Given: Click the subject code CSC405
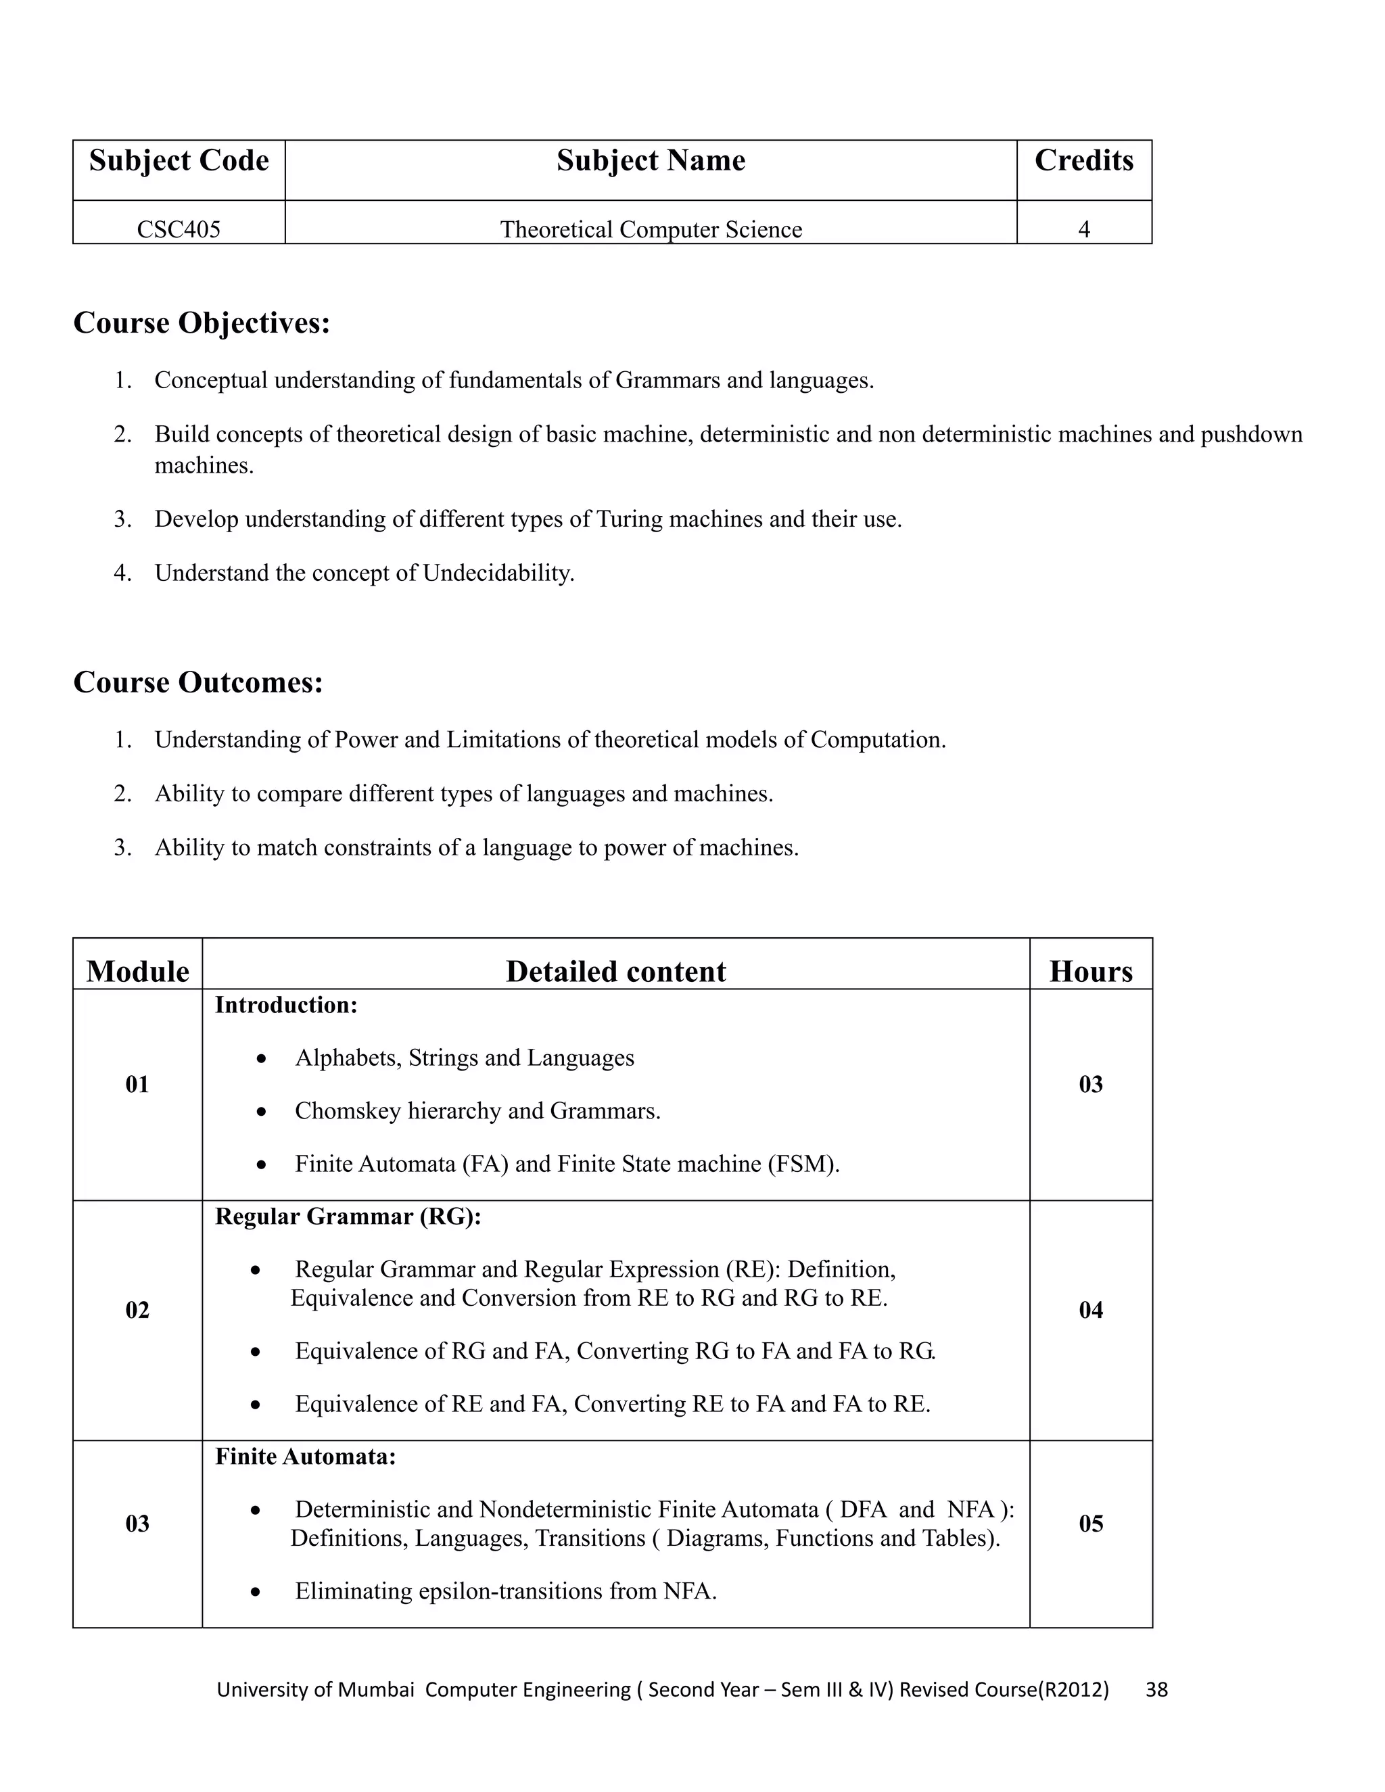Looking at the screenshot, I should click(178, 229).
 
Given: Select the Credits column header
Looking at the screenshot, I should click(1083, 161).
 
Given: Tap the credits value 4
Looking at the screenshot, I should click(1083, 229).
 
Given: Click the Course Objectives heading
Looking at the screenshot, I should click(201, 323).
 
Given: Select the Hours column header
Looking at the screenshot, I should click(1089, 972).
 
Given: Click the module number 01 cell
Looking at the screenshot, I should click(137, 1085).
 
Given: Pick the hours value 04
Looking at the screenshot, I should click(1089, 1310).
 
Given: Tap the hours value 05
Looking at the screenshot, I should click(1089, 1524).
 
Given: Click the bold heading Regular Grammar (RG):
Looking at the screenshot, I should click(348, 1216).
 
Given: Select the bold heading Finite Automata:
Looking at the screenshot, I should click(305, 1457).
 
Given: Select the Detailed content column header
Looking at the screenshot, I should click(615, 972).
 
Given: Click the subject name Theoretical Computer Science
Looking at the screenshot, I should click(651, 229).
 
